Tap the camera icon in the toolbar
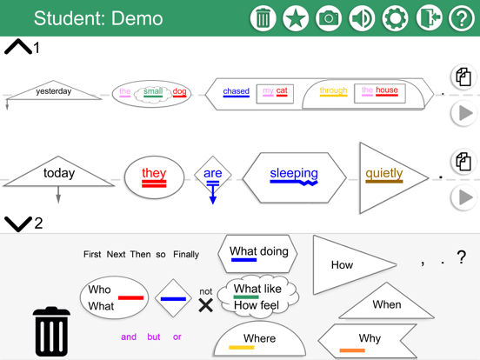click(329, 18)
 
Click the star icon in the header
click(296, 18)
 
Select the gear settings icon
click(395, 18)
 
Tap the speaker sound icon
click(362, 18)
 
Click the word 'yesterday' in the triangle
click(54, 91)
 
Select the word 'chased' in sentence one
click(236, 91)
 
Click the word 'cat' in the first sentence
click(282, 91)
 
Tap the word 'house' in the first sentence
click(387, 90)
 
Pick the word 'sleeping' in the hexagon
click(293, 174)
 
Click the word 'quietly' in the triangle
click(383, 174)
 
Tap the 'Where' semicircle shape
click(259, 339)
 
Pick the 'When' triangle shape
click(387, 304)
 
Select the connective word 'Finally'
click(186, 255)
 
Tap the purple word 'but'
click(154, 337)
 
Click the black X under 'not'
click(205, 305)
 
